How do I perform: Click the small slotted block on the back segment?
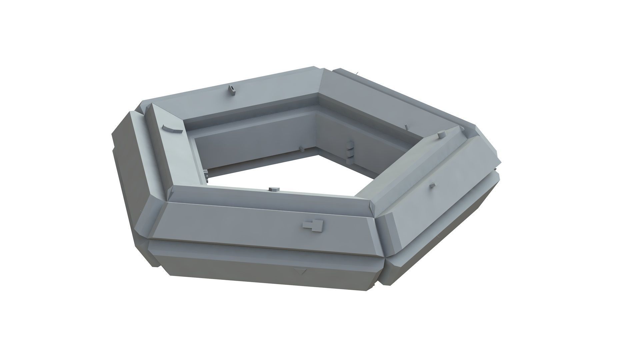(x=231, y=90)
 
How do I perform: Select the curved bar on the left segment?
(x=173, y=129)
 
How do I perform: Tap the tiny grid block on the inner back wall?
(x=302, y=149)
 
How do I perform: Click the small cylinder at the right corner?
(x=442, y=135)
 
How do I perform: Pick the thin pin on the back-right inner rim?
(x=406, y=127)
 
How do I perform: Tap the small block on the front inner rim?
(x=274, y=189)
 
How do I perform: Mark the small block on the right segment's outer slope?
(x=432, y=185)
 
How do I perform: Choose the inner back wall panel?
(x=253, y=143)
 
